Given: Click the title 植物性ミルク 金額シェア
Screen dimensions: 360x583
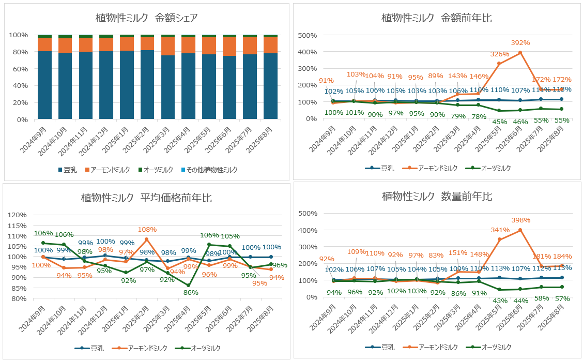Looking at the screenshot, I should [146, 18].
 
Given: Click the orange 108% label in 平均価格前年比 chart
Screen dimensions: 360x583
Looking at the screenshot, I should [147, 229].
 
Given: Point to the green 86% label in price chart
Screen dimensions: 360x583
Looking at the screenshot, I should [188, 292].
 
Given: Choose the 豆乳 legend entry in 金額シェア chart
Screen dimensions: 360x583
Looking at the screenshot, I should [70, 170].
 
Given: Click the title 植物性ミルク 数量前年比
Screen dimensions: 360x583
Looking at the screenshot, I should [437, 197].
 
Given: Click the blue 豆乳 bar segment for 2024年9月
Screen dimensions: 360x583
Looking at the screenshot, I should [44, 85].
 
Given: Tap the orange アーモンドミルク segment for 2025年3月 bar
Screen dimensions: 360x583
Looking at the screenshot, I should [167, 46].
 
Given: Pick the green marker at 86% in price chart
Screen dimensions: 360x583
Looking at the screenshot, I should [188, 285].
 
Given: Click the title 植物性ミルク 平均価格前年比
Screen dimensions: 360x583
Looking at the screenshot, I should [146, 198].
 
